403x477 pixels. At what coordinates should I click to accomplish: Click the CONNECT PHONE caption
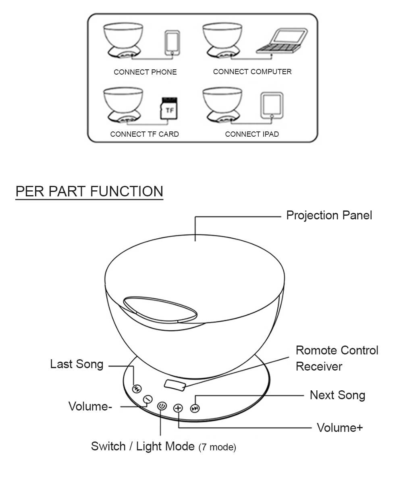pyautogui.click(x=145, y=72)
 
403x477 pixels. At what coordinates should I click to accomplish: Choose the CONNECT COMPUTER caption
pyautogui.click(x=252, y=72)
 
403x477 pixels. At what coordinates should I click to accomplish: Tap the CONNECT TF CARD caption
pyautogui.click(x=144, y=134)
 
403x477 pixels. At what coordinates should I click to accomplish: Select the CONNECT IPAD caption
pyautogui.click(x=252, y=134)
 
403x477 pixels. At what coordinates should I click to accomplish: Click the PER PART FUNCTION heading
pyautogui.click(x=89, y=191)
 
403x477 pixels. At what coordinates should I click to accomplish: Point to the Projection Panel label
pyautogui.click(x=329, y=215)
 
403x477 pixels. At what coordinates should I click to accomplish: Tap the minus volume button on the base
pyautogui.click(x=148, y=399)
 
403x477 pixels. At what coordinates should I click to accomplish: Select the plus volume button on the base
pyautogui.click(x=178, y=408)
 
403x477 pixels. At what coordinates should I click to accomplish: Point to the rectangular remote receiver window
pyautogui.click(x=175, y=385)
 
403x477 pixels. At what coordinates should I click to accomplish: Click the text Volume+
pyautogui.click(x=340, y=427)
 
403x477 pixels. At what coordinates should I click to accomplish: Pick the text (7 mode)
pyautogui.click(x=217, y=447)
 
